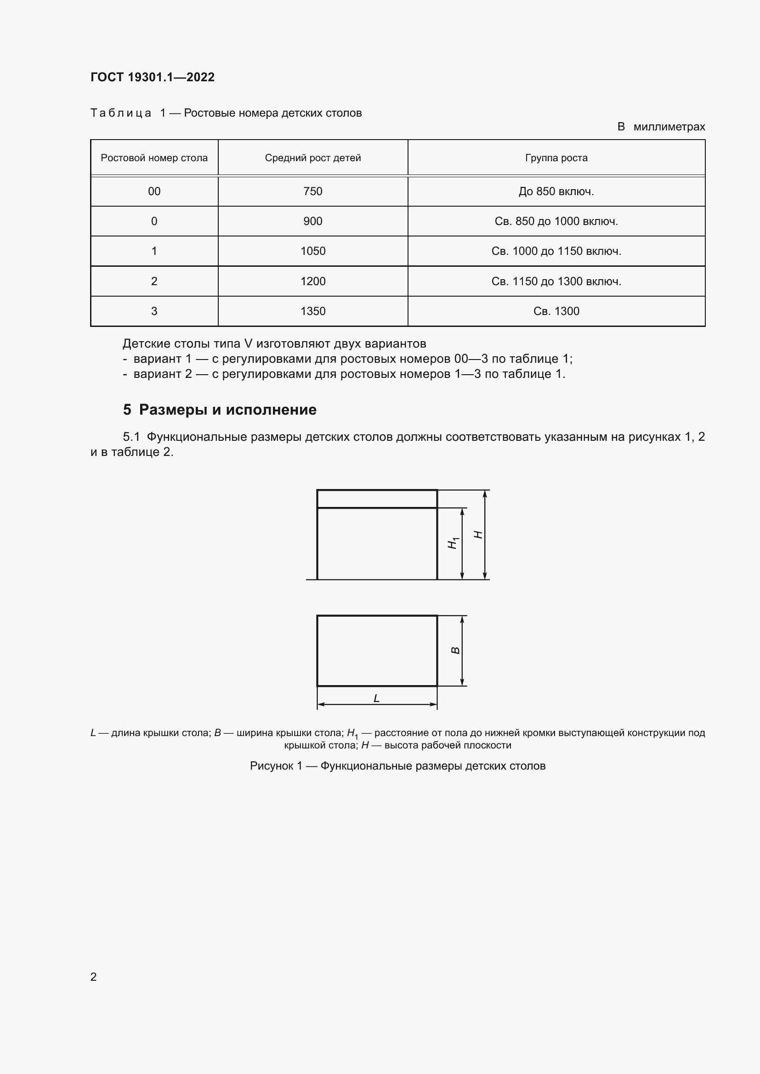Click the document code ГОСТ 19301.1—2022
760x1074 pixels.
pyautogui.click(x=153, y=77)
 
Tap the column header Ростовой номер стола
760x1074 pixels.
pyautogui.click(x=154, y=158)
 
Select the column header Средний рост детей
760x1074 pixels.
pyautogui.click(x=312, y=158)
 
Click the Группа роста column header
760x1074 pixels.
pyautogui.click(x=556, y=158)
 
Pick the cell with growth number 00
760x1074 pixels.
pyautogui.click(x=154, y=191)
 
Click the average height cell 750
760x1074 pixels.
pyautogui.click(x=312, y=191)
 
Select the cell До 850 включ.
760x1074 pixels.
pyautogui.click(x=556, y=191)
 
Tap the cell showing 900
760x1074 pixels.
pyautogui.click(x=312, y=221)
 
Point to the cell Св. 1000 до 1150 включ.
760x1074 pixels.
pyautogui.click(x=556, y=251)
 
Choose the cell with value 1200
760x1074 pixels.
pyautogui.click(x=312, y=281)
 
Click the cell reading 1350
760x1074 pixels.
pyautogui.click(x=312, y=311)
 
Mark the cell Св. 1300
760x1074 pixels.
pyautogui.click(x=556, y=311)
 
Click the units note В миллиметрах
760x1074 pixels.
pyautogui.click(x=661, y=127)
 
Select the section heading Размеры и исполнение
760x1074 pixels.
pyautogui.click(x=227, y=410)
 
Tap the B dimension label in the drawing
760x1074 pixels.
pyautogui.click(x=455, y=651)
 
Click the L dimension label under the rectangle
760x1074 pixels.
pyautogui.click(x=376, y=698)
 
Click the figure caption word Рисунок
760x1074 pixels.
pyautogui.click(x=271, y=766)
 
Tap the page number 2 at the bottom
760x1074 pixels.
pyautogui.click(x=94, y=977)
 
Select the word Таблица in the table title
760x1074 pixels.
pyautogui.click(x=121, y=113)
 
